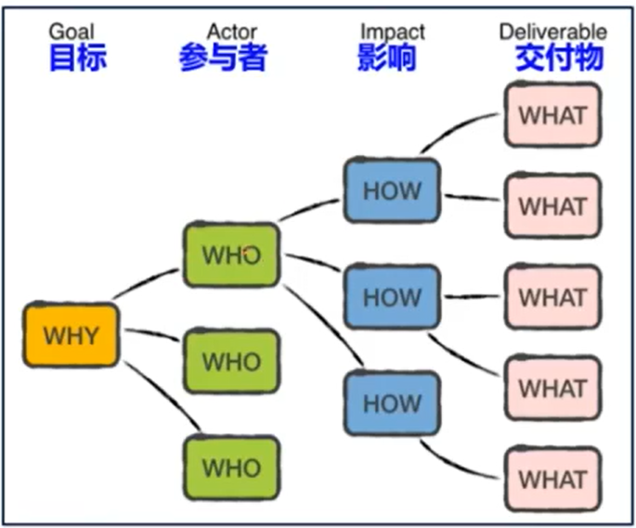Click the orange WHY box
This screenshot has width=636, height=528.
pyautogui.click(x=71, y=335)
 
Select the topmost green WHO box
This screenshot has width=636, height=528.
pyautogui.click(x=231, y=255)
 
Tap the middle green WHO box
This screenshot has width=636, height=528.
pyautogui.click(x=231, y=361)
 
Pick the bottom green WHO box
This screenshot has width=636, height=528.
pyautogui.click(x=231, y=469)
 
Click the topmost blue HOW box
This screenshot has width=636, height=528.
pyautogui.click(x=392, y=191)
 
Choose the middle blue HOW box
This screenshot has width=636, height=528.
pyautogui.click(x=392, y=298)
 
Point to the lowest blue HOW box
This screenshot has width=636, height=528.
pyautogui.click(x=392, y=404)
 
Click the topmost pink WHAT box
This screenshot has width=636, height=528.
pyautogui.click(x=552, y=116)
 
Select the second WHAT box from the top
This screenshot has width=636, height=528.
pyautogui.click(x=552, y=206)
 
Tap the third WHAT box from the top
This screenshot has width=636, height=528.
pyautogui.click(x=552, y=298)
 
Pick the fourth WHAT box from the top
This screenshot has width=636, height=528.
pyautogui.click(x=552, y=388)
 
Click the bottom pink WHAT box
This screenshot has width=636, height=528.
pyautogui.click(x=552, y=480)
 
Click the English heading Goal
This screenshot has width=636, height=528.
pyautogui.click(x=71, y=32)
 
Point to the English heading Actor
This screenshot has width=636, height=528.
pyautogui.click(x=231, y=32)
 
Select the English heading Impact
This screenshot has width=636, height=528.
pyautogui.click(x=392, y=32)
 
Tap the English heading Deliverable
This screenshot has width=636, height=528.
pyautogui.click(x=553, y=32)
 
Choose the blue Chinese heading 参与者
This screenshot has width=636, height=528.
pyautogui.click(x=223, y=58)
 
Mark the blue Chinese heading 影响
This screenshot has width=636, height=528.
pyautogui.click(x=386, y=58)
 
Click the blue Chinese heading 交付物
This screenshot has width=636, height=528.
pyautogui.click(x=559, y=58)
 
